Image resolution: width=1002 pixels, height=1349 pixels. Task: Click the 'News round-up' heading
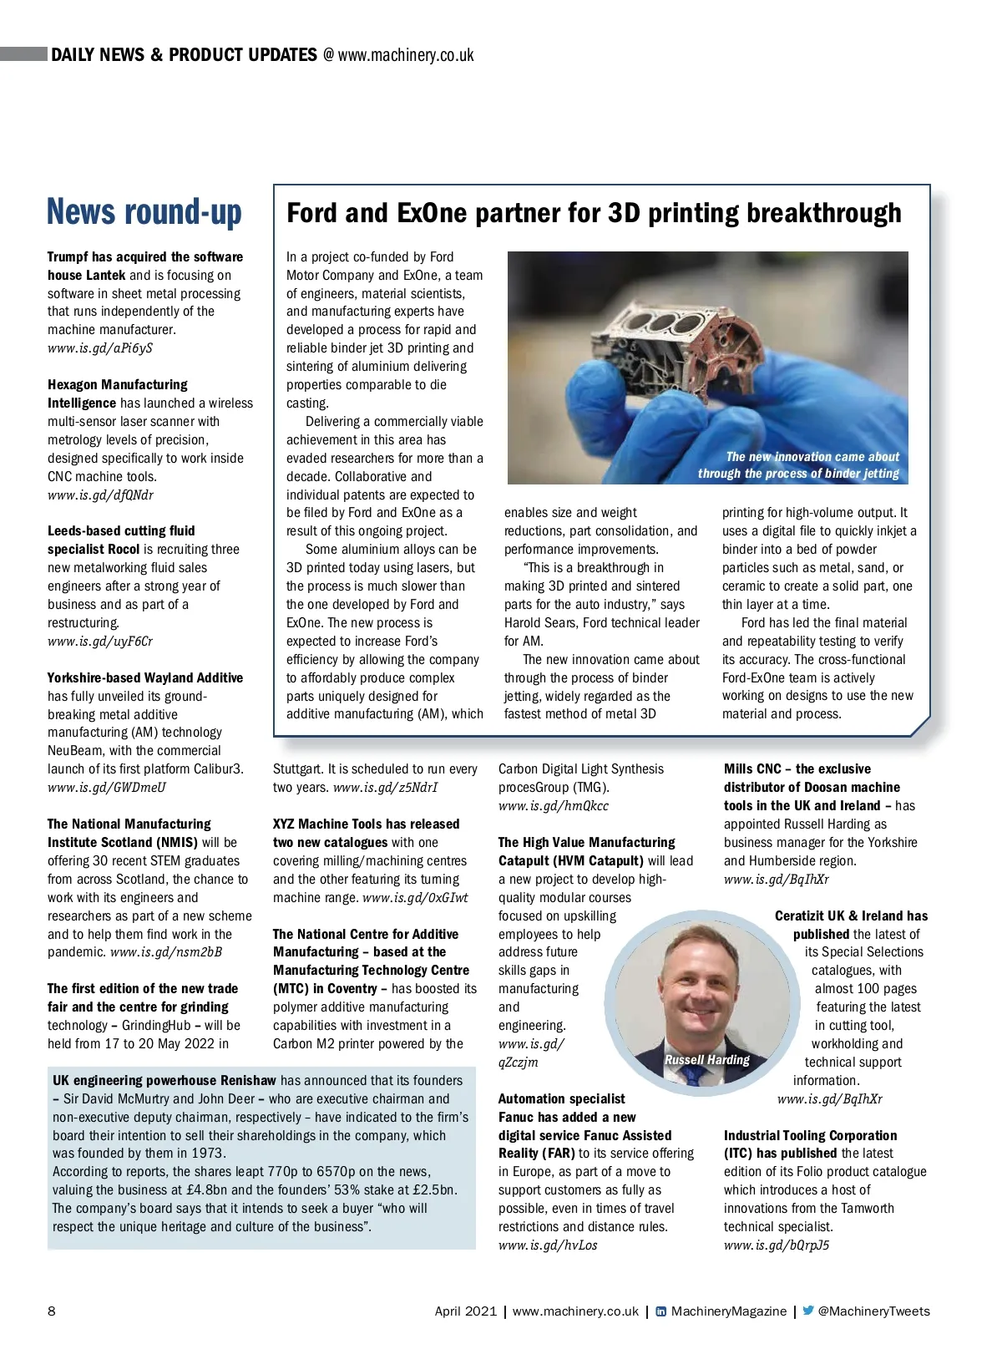[x=144, y=212]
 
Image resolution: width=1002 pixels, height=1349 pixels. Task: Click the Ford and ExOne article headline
[x=594, y=213]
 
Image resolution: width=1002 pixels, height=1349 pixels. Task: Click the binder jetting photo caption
[x=799, y=465]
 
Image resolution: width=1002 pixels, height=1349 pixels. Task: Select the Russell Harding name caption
[x=706, y=1059]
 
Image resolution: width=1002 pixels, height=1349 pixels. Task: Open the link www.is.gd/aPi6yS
[x=100, y=348]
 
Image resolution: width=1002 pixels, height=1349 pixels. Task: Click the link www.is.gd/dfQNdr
[x=100, y=495]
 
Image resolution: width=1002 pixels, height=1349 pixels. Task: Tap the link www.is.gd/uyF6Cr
[x=100, y=642]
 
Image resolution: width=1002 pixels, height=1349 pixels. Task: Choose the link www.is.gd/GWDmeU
[x=107, y=788]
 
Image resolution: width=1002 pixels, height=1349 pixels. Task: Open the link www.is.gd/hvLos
[x=548, y=1245]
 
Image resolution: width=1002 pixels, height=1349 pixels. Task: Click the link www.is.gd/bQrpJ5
[x=777, y=1245]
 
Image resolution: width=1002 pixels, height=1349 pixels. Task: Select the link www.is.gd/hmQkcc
[x=554, y=806]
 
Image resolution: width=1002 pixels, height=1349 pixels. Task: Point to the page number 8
[x=52, y=1311]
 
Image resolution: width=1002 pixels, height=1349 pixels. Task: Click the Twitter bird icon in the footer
[x=807, y=1311]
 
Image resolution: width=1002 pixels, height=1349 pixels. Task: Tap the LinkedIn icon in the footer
[x=660, y=1311]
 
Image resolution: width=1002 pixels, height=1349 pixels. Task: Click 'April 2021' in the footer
[x=465, y=1311]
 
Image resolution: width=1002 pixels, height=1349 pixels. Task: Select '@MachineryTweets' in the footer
[x=873, y=1311]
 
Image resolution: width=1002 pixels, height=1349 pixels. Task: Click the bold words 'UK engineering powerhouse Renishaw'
[x=164, y=1081]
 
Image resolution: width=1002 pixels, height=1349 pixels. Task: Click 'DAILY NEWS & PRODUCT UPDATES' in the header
[x=184, y=55]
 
